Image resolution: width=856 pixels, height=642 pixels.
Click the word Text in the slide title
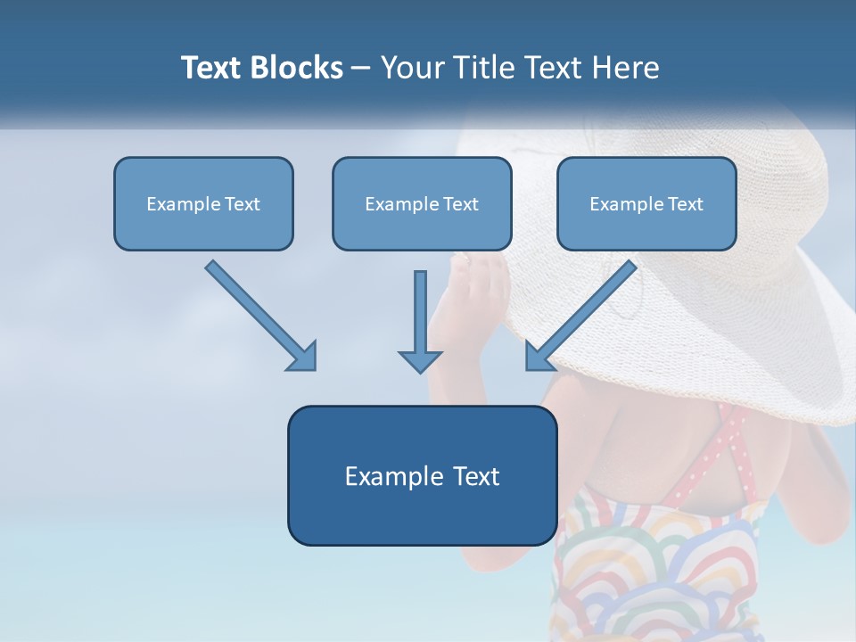[x=211, y=68]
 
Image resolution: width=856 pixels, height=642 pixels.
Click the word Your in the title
[x=411, y=68]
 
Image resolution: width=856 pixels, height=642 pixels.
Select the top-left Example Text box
[x=203, y=204]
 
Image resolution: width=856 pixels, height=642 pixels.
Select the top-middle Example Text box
[x=422, y=204]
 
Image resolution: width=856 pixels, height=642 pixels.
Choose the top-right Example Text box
[x=646, y=204]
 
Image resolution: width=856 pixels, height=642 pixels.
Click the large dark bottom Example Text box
[x=422, y=476]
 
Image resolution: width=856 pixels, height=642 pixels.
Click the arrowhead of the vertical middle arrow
[x=420, y=360]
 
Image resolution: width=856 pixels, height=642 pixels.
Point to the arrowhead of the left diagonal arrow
[x=303, y=356]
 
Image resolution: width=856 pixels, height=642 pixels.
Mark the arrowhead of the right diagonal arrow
[x=539, y=356]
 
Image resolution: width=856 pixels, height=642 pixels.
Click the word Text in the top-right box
[x=685, y=204]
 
